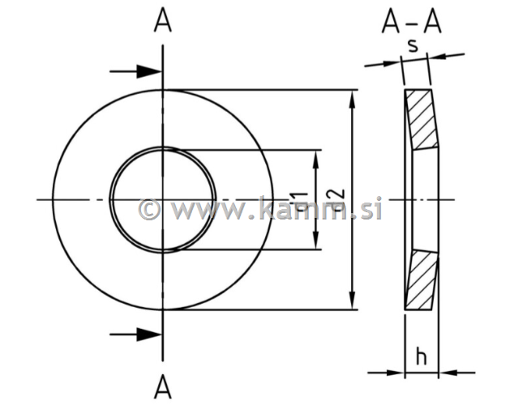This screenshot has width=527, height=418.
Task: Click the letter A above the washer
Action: pyautogui.click(x=163, y=22)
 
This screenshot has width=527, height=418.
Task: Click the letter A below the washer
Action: pyautogui.click(x=163, y=389)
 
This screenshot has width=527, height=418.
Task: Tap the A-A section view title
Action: pyautogui.click(x=412, y=23)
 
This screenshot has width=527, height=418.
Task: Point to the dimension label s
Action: pyautogui.click(x=413, y=45)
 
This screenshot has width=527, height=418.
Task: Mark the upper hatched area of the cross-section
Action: pyautogui.click(x=421, y=119)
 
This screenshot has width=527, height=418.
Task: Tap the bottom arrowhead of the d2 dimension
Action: pyautogui.click(x=352, y=301)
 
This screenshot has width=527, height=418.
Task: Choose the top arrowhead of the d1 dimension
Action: pyautogui.click(x=317, y=158)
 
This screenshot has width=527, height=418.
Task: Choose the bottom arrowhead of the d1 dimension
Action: pyautogui.click(x=317, y=242)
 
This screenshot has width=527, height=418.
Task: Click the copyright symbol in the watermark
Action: pyautogui.click(x=149, y=210)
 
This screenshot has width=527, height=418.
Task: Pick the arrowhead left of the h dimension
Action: pyautogui.click(x=395, y=373)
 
